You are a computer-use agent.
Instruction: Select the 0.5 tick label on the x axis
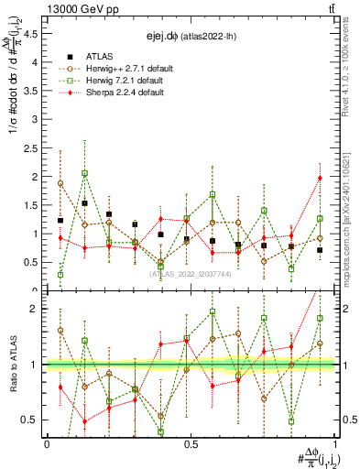pyautogui.click(x=191, y=443)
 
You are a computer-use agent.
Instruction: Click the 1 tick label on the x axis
pyautogui.click(x=334, y=443)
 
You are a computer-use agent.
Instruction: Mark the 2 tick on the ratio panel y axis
pyautogui.click(x=36, y=309)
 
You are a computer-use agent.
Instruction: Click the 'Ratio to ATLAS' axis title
pyautogui.click(x=12, y=364)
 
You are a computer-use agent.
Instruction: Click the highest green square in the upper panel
pyautogui.click(x=84, y=173)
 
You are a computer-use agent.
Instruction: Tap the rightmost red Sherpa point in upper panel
pyautogui.click(x=320, y=178)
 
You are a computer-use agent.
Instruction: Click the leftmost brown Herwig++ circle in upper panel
pyautogui.click(x=60, y=183)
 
